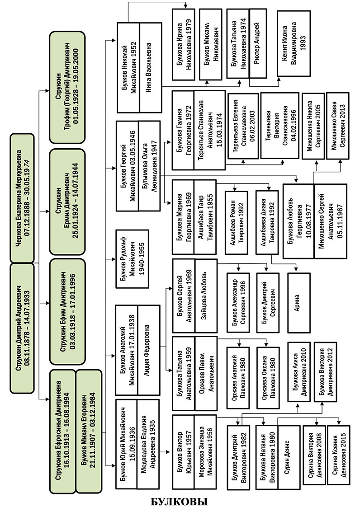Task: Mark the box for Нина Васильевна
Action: coord(150,75)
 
